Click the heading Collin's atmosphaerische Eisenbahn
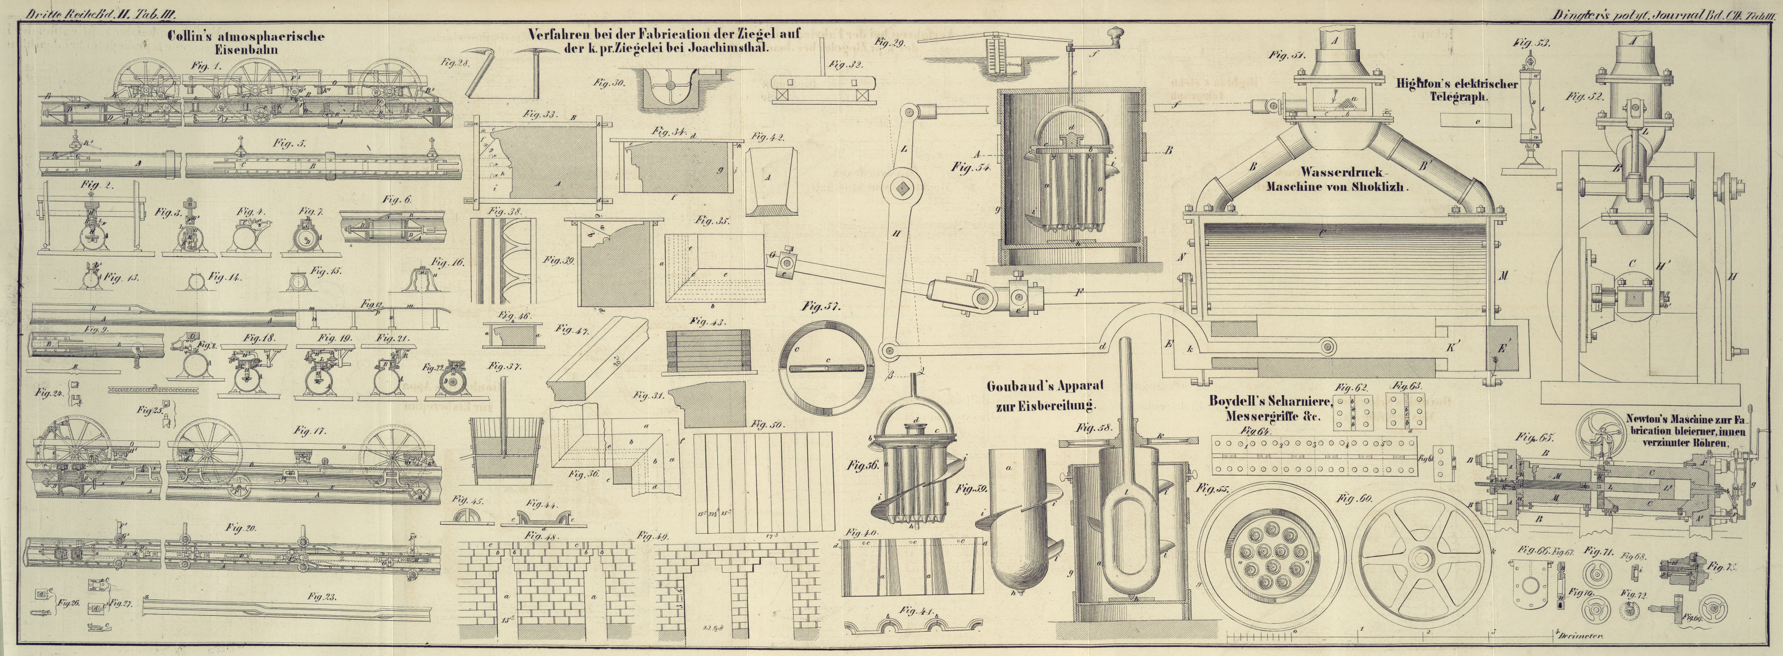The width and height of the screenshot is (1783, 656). (x=246, y=42)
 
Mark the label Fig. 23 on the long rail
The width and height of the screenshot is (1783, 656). (x=322, y=597)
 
